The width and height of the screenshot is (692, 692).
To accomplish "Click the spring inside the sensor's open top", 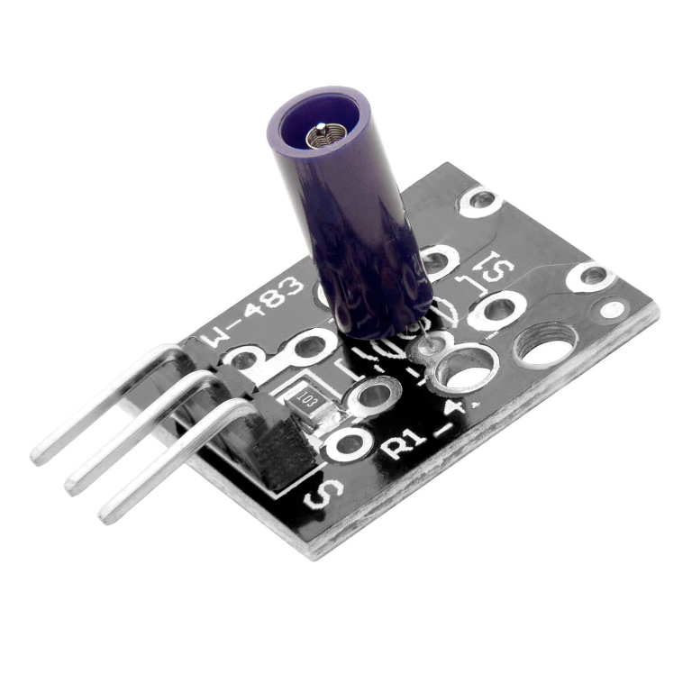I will (x=320, y=136).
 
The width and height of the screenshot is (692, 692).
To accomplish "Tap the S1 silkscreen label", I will (x=487, y=275).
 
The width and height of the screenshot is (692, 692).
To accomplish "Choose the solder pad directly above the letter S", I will (x=347, y=442).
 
